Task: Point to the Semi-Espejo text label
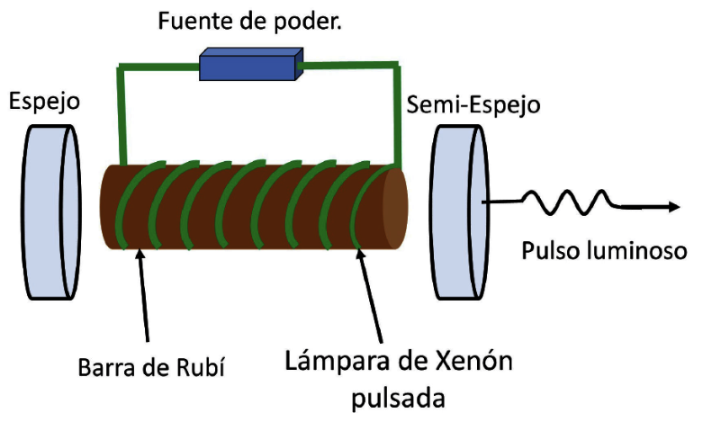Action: (x=473, y=104)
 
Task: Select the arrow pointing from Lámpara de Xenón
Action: (x=374, y=297)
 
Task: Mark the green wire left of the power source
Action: (x=153, y=66)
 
